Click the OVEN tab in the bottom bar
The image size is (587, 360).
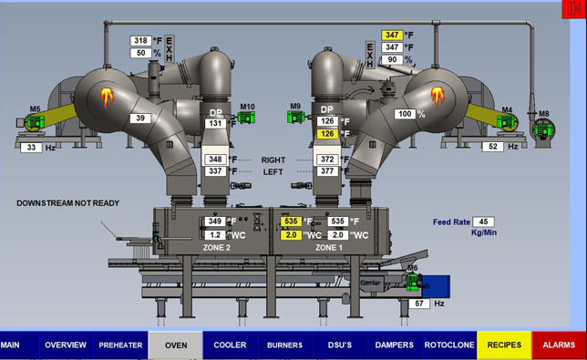[176, 345]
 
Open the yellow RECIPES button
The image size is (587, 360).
[504, 345]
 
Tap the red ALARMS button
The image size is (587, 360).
[559, 345]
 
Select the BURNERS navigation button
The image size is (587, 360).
[284, 345]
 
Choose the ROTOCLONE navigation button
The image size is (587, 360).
[449, 345]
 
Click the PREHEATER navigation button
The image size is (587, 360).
[120, 345]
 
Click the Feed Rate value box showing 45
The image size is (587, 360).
[484, 221]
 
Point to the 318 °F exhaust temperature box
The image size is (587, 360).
[141, 41]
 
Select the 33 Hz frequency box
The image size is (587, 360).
[31, 147]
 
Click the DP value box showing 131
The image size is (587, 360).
[215, 124]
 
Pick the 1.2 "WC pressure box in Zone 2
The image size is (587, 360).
[215, 234]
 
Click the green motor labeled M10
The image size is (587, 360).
[247, 118]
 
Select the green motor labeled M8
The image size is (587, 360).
[544, 131]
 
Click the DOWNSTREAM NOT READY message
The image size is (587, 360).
[67, 202]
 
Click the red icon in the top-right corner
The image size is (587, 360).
[572, 9]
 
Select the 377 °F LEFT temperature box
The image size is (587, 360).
[328, 171]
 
